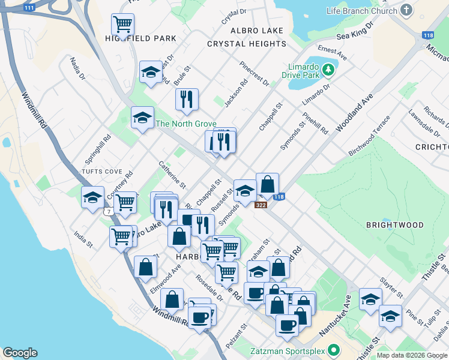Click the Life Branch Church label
(362, 11)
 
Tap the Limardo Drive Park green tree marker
(328, 70)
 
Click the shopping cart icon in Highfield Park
(122, 25)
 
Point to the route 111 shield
(29, 8)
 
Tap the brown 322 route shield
(261, 205)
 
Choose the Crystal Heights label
(247, 44)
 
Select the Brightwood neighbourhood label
(394, 225)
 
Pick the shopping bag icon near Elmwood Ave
(146, 267)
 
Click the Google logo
(20, 353)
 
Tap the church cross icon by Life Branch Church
(406, 10)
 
